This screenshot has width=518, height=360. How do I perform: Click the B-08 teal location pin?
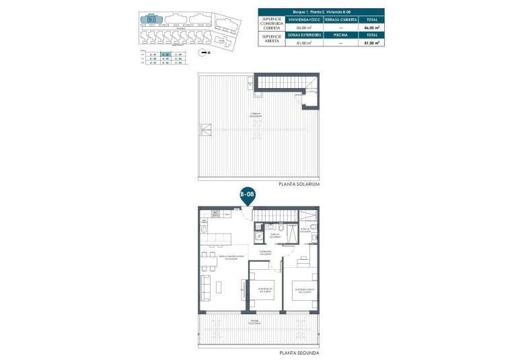point(247,195)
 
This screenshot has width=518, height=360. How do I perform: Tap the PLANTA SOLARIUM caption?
point(298,184)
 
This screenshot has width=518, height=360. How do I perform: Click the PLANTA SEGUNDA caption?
point(299,353)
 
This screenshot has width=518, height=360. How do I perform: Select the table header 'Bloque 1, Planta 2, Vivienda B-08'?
point(322,11)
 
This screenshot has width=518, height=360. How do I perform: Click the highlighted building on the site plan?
point(152,19)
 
